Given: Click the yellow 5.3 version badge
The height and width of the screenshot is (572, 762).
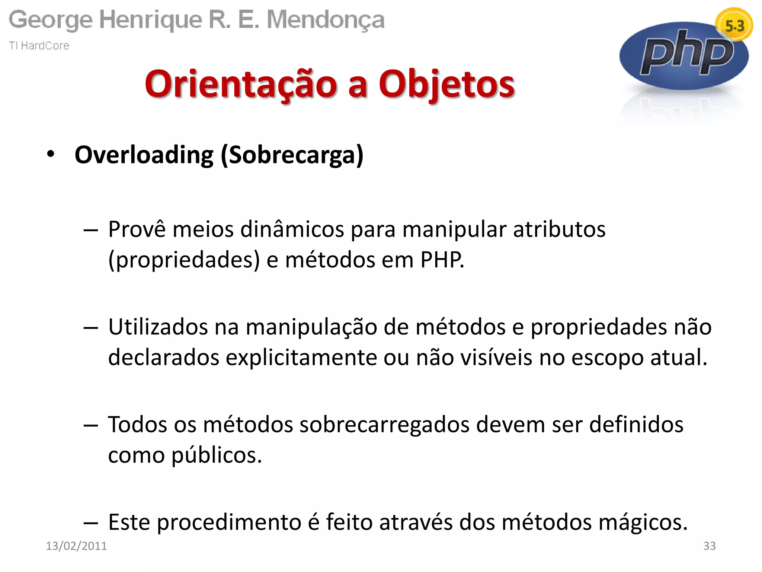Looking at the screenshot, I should click(x=734, y=25).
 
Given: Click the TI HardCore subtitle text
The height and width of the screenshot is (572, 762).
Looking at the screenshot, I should click(x=39, y=46).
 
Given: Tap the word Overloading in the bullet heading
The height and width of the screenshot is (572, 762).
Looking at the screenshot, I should click(x=144, y=155).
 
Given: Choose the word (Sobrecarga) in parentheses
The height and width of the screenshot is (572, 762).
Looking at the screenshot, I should click(x=292, y=155).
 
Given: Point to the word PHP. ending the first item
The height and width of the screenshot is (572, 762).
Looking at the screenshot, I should click(x=442, y=260).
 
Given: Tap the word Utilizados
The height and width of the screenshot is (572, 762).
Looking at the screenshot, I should click(x=158, y=327).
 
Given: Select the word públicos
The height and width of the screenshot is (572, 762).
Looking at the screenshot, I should click(x=217, y=455).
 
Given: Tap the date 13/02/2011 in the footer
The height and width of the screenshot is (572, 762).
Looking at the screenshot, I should click(x=76, y=546).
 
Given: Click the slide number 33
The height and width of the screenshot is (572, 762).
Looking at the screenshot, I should click(x=709, y=546).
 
